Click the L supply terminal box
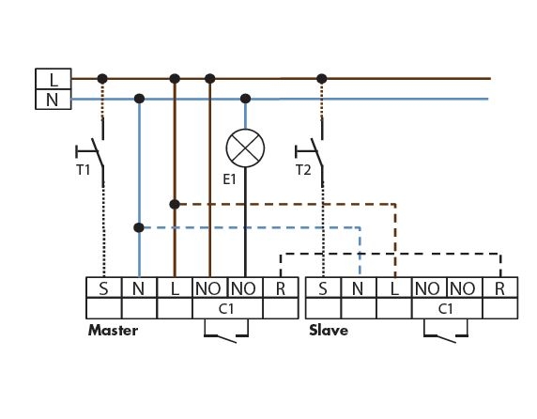54,79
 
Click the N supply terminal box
54,100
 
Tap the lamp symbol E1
245,148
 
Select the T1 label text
84,170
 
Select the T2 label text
303,170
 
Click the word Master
113,331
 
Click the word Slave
329,331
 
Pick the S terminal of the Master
104,287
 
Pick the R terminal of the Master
281,287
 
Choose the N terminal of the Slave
359,287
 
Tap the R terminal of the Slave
500,287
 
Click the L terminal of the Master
175,287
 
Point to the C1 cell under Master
227,308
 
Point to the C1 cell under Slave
447,308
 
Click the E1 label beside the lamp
229,179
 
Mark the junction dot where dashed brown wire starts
175,205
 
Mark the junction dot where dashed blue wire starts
139,227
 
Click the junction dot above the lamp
245,99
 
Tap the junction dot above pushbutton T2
322,79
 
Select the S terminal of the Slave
323,287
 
